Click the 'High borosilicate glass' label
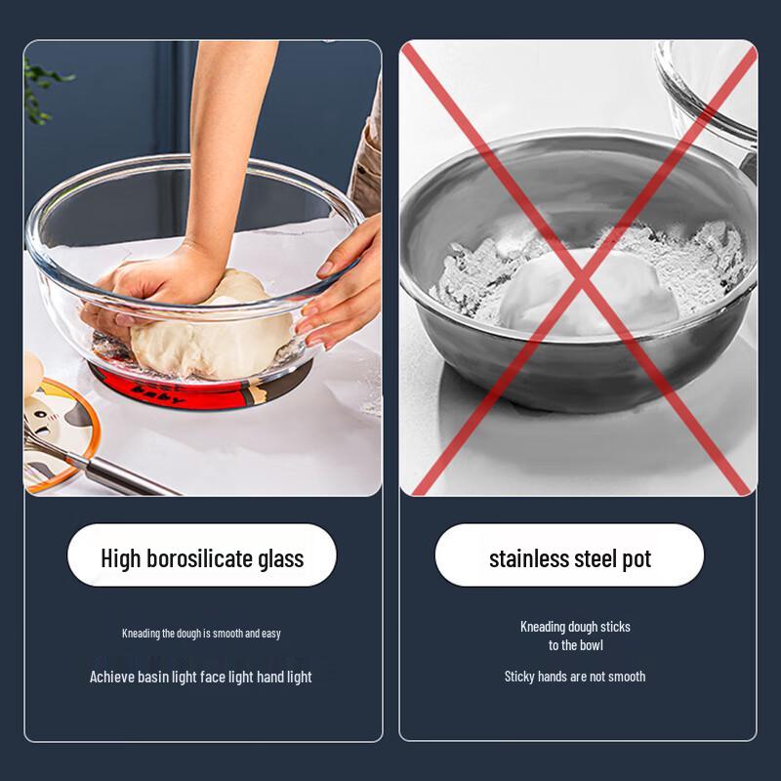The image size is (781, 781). click(202, 558)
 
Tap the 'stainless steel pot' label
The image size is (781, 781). click(569, 558)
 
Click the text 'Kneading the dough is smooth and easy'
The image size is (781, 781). click(201, 634)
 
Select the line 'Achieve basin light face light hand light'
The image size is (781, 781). click(201, 677)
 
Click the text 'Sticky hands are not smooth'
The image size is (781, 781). click(575, 677)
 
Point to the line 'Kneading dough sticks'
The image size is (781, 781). click(575, 627)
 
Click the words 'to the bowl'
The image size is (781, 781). click(575, 645)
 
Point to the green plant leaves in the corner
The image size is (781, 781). click(41, 88)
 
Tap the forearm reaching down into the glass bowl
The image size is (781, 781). click(229, 146)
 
